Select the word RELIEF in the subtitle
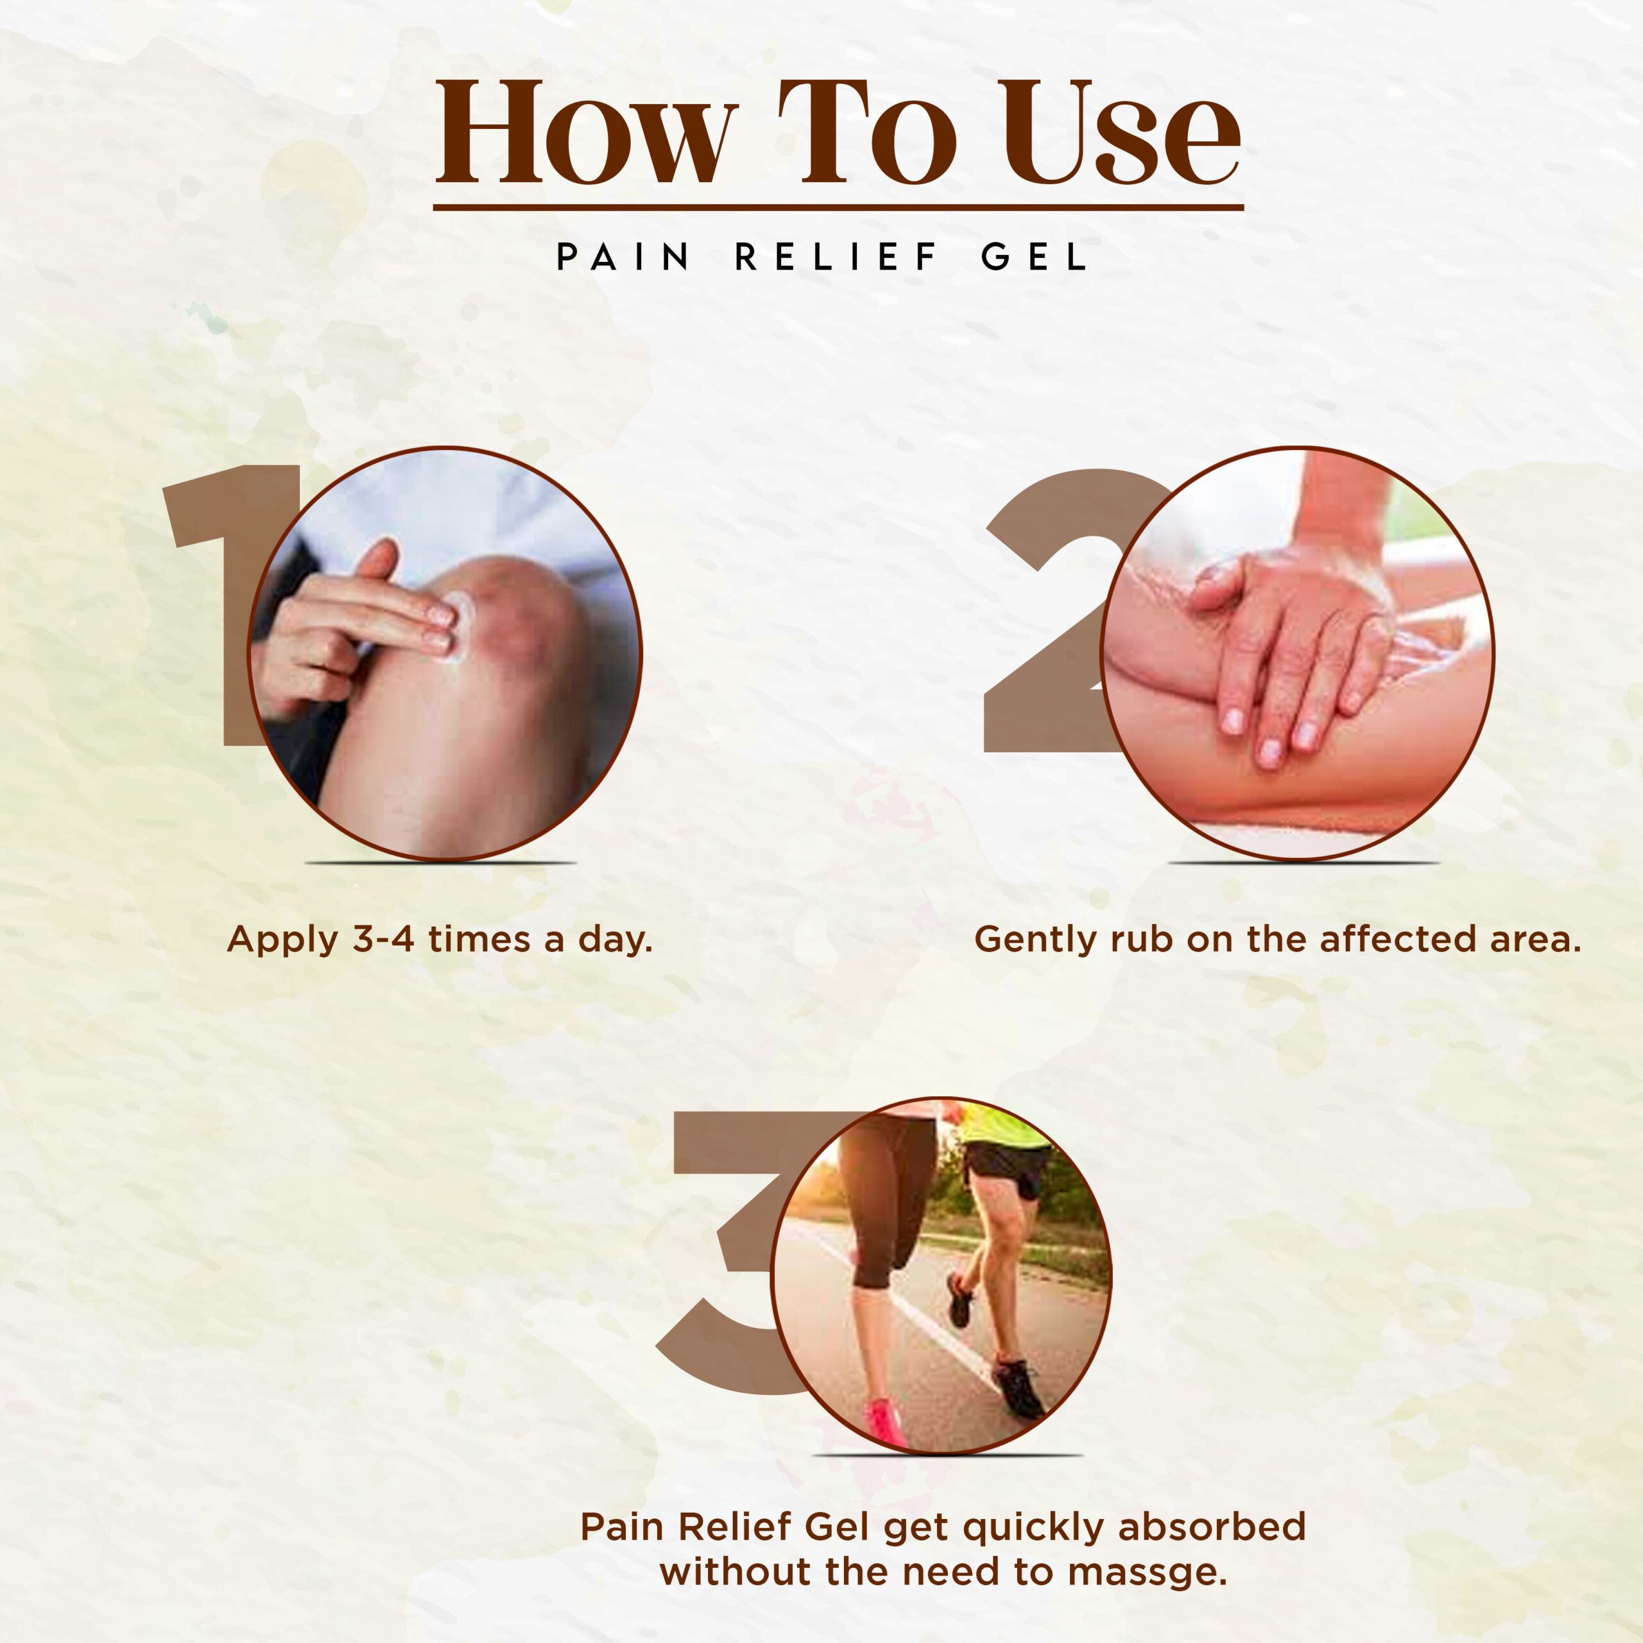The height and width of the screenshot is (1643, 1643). pos(836,257)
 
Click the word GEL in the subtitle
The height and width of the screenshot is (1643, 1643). pos(1034,257)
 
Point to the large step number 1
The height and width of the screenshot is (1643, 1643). pos(225,604)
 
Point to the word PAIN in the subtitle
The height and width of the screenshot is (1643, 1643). pos(623,257)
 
